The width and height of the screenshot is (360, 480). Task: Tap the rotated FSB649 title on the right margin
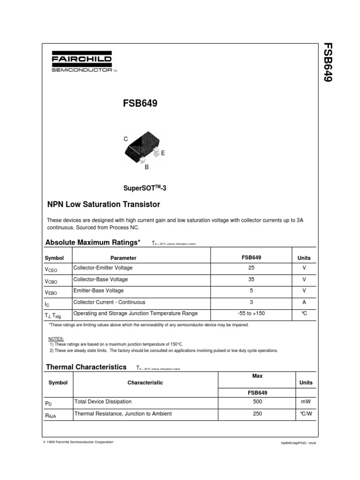[328, 62]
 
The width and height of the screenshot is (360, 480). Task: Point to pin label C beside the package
[126, 139]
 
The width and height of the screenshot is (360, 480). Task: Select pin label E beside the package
[163, 153]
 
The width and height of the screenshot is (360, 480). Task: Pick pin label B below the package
[146, 167]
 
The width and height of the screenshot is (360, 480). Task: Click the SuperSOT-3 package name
[145, 188]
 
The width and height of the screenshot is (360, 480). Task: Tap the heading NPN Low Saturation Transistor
[104, 204]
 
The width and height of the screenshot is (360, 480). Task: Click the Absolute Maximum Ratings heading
[93, 242]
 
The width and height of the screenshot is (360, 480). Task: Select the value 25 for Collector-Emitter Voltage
[252, 268]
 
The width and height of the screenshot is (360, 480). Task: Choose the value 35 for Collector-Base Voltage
[252, 279]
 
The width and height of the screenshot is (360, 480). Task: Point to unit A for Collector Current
[304, 302]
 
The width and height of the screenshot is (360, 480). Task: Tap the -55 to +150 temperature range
[252, 313]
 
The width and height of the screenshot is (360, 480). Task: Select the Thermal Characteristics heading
[86, 367]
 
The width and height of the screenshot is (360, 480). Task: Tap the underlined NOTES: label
[56, 338]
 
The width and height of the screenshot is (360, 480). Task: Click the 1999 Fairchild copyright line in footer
[78, 442]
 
